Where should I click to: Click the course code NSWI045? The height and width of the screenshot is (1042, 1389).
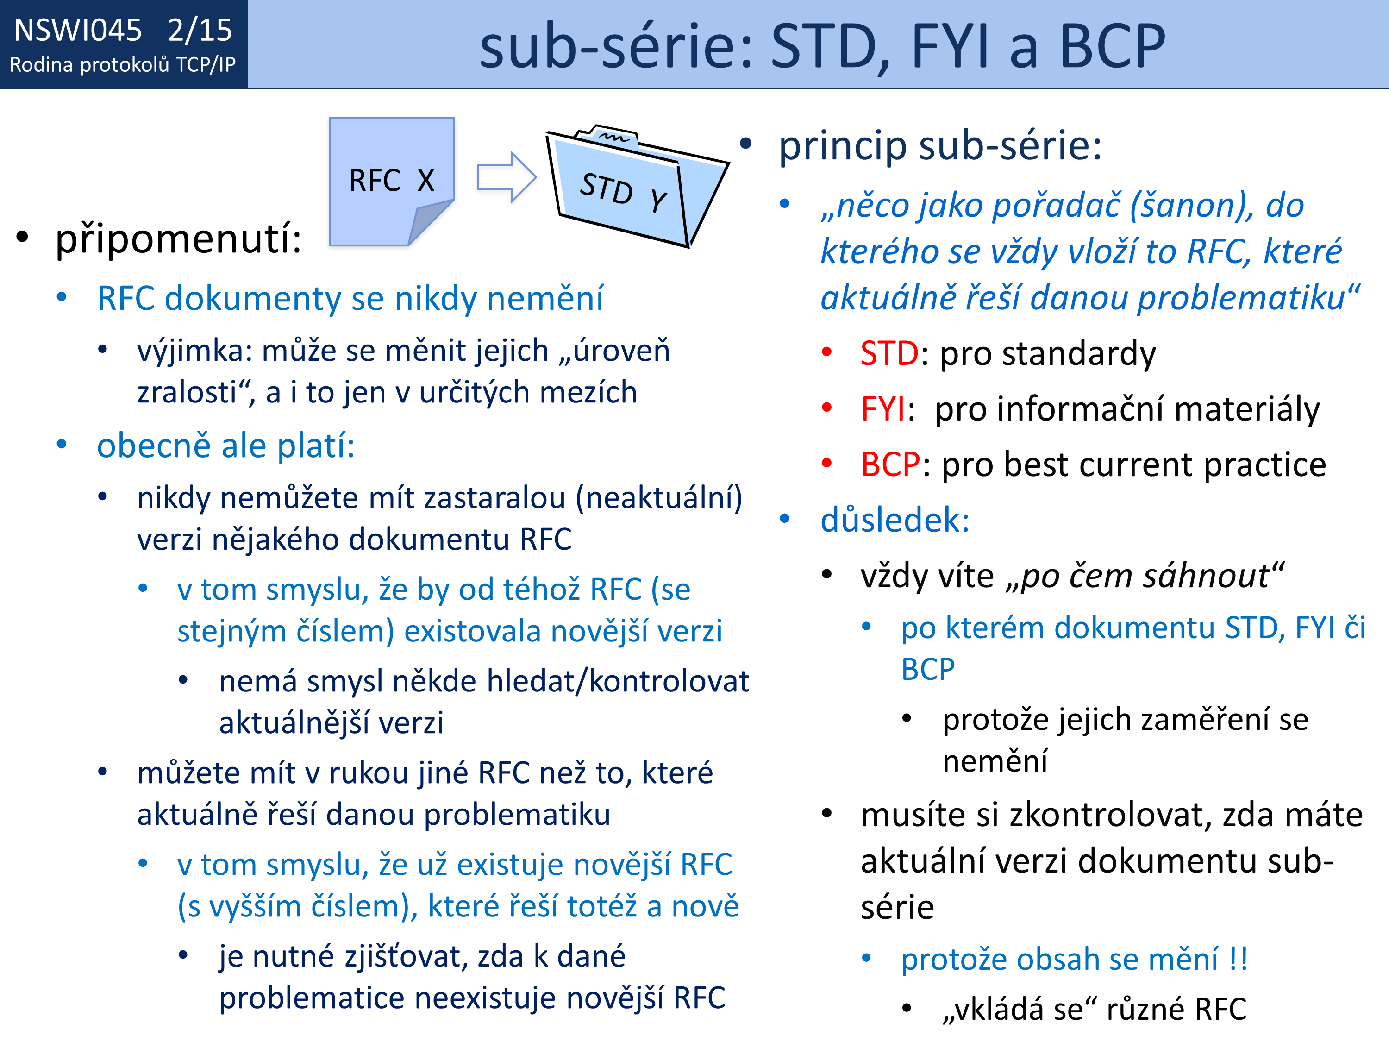click(78, 30)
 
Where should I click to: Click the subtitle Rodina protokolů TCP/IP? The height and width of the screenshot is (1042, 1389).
click(123, 65)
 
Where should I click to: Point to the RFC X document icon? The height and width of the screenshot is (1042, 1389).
click(392, 181)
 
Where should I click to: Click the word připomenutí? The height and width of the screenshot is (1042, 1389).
click(178, 239)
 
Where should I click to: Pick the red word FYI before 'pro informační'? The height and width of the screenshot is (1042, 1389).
click(883, 409)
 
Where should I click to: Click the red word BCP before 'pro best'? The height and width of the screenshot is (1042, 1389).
click(890, 465)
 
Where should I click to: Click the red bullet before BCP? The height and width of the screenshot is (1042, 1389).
click(827, 464)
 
